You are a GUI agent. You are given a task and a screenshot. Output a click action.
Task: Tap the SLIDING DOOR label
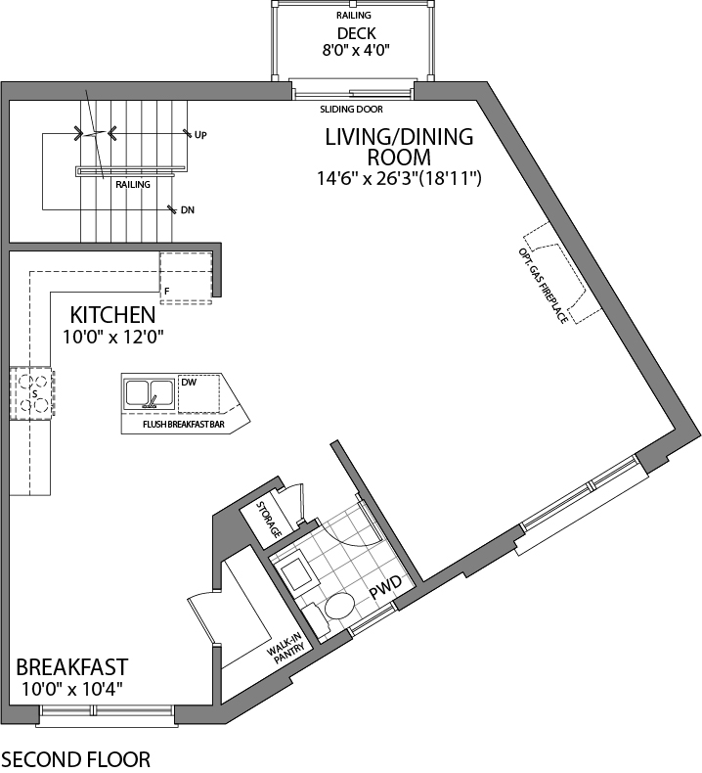tap(351, 110)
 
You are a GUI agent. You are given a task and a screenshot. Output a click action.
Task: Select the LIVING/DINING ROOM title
tap(399, 147)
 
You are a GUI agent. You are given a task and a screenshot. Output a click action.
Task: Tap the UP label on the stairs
tap(200, 134)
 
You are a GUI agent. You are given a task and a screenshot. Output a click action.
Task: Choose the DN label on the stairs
tap(188, 209)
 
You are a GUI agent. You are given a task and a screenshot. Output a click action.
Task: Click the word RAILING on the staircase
tap(132, 183)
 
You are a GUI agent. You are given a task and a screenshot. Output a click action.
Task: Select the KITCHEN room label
tap(111, 315)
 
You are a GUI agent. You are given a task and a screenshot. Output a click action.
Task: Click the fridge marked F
tap(185, 277)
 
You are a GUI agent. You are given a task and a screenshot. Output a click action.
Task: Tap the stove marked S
tap(32, 393)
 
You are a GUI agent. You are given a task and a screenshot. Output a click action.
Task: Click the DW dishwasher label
tap(190, 382)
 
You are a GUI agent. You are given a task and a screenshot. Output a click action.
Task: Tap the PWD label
tap(384, 592)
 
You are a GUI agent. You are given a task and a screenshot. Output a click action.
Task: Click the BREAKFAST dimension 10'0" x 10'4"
tap(70, 689)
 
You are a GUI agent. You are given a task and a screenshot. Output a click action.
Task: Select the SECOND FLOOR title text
tap(75, 758)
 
